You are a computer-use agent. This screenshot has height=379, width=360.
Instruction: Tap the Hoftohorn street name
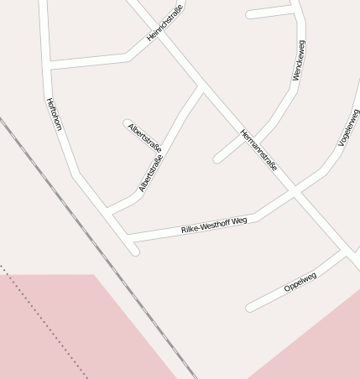point(55,114)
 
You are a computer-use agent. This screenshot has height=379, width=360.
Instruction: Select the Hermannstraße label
point(258,150)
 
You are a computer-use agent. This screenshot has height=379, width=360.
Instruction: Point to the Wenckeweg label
point(298,60)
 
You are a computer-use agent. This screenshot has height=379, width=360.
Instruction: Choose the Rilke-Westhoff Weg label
point(215,225)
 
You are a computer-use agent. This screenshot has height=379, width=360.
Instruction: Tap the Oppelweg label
point(300,282)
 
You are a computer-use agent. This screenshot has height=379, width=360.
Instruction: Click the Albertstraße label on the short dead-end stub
point(144,136)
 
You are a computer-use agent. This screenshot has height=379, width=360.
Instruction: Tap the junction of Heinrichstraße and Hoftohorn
point(48,64)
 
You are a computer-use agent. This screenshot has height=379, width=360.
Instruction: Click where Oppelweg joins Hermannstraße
point(344,254)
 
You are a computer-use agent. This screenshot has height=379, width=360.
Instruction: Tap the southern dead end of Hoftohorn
point(134,251)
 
